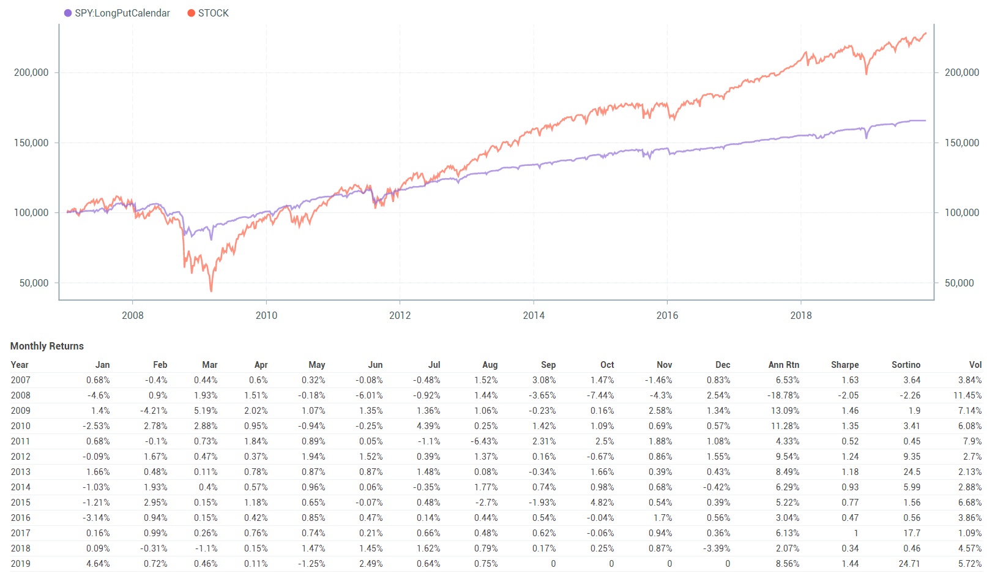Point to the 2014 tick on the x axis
534,315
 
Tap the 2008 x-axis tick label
133,315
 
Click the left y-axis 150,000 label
31,143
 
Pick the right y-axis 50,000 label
959,283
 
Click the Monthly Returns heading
47,346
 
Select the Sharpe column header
844,365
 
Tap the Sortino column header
906,365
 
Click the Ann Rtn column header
783,365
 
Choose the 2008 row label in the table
20,395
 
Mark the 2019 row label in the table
20,564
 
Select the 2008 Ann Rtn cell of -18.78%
783,395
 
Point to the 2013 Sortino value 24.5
912,472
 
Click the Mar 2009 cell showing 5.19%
206,411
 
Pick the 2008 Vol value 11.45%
967,395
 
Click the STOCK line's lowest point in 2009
211,291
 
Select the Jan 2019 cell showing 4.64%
98,564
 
